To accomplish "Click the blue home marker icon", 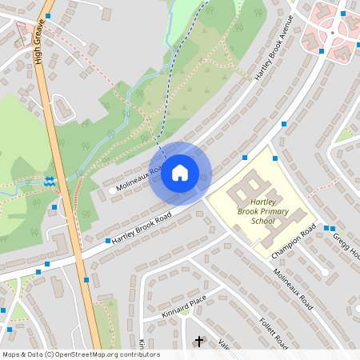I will [x=179, y=173].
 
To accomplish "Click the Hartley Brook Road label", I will [x=142, y=230].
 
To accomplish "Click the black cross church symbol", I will [x=199, y=342].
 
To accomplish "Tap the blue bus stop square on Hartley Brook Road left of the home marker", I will [x=107, y=240].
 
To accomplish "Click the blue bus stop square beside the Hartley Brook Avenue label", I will [x=285, y=124].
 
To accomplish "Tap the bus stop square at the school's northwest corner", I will [x=245, y=158].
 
